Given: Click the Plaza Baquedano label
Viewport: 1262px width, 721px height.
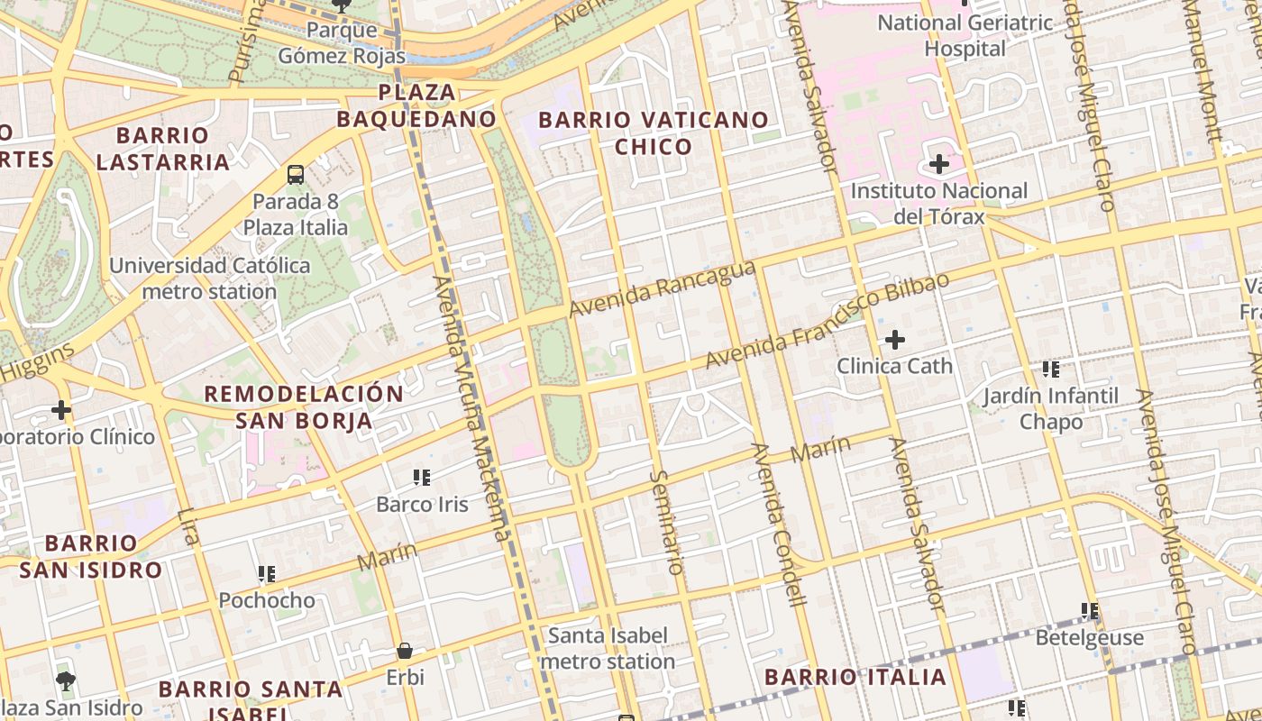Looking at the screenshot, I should point(416,105).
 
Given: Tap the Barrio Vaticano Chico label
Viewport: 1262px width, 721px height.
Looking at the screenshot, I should point(654,132).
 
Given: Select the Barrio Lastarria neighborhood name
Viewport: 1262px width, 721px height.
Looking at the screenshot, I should point(163,149).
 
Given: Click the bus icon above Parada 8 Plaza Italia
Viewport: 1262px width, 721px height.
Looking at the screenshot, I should point(296,174).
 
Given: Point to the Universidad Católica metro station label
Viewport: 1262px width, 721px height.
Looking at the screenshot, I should point(209,278).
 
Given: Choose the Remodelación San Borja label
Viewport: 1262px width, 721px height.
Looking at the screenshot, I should point(304,406).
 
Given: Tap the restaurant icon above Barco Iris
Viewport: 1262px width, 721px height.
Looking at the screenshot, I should point(422,477).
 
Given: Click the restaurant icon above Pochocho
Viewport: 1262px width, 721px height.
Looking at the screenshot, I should point(267,573).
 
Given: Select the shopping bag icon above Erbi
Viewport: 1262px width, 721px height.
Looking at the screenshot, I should point(405,651).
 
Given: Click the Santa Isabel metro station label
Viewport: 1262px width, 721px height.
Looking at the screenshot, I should point(608,648).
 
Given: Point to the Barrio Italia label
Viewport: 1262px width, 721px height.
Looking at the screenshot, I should point(855,677).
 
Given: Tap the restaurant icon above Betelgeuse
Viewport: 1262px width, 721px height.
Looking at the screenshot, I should point(1090,611).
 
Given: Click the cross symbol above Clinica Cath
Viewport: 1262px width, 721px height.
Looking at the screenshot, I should point(894,340).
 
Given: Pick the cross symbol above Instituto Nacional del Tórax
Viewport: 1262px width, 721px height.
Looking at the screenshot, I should point(938,164).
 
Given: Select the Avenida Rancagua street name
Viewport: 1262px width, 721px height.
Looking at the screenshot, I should point(662,289).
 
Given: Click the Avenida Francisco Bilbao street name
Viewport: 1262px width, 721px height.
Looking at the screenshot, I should point(827,321).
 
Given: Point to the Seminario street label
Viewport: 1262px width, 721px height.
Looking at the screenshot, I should point(666,522).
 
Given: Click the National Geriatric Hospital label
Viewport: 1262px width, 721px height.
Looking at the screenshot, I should point(965,35).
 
